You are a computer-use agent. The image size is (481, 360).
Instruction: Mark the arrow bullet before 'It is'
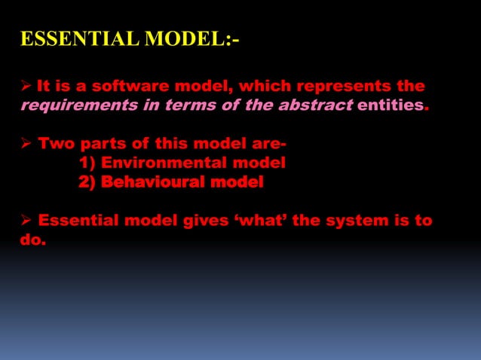click(25, 87)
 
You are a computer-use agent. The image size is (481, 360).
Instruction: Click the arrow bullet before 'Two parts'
click(25, 144)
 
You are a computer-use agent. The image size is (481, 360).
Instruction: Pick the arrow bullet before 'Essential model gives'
click(25, 221)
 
